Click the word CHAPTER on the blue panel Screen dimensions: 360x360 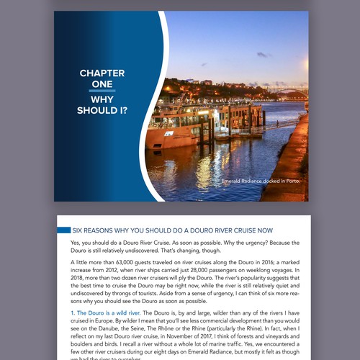[102, 73]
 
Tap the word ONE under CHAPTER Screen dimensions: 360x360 [102, 84]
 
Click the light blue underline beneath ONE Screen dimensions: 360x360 [102, 91]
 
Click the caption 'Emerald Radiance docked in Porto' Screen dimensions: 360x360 [260, 181]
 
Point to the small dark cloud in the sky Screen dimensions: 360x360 [263, 54]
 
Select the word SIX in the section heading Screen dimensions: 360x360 [78, 230]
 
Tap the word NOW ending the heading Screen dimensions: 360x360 [263, 230]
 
